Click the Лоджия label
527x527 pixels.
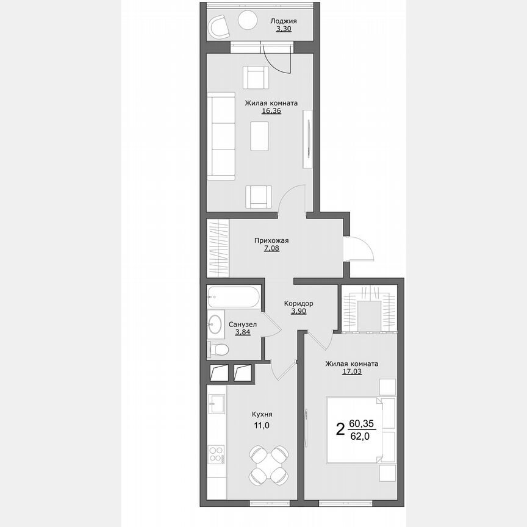pos(284,21)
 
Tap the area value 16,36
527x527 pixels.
pos(271,111)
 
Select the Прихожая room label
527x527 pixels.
pos(271,240)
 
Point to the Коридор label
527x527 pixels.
pos(299,303)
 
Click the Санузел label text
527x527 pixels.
pos(243,324)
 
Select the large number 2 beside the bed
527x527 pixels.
pos(340,429)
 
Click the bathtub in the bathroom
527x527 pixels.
pos(234,297)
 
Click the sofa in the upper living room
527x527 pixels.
pos(220,135)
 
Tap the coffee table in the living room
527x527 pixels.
pos(260,135)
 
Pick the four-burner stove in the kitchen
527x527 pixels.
pos(217,453)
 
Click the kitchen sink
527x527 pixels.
pos(217,403)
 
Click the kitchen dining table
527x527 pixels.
pos(269,465)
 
